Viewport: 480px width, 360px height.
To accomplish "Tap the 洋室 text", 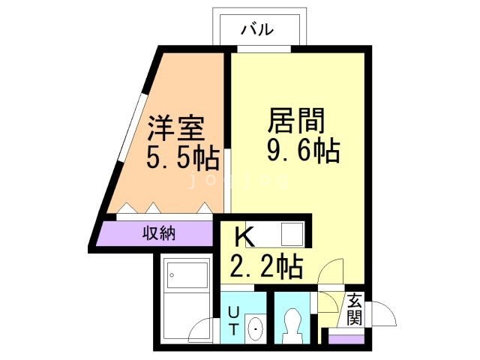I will pyautogui.click(x=175, y=128).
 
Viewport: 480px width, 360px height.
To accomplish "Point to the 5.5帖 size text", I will pyautogui.click(x=182, y=158).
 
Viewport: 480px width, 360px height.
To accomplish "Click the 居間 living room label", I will pyautogui.click(x=295, y=120).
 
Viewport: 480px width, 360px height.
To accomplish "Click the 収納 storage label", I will pyautogui.click(x=159, y=233).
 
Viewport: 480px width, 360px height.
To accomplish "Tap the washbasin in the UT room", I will pyautogui.click(x=255, y=327).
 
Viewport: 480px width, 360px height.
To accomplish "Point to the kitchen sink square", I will pyautogui.click(x=291, y=233).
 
